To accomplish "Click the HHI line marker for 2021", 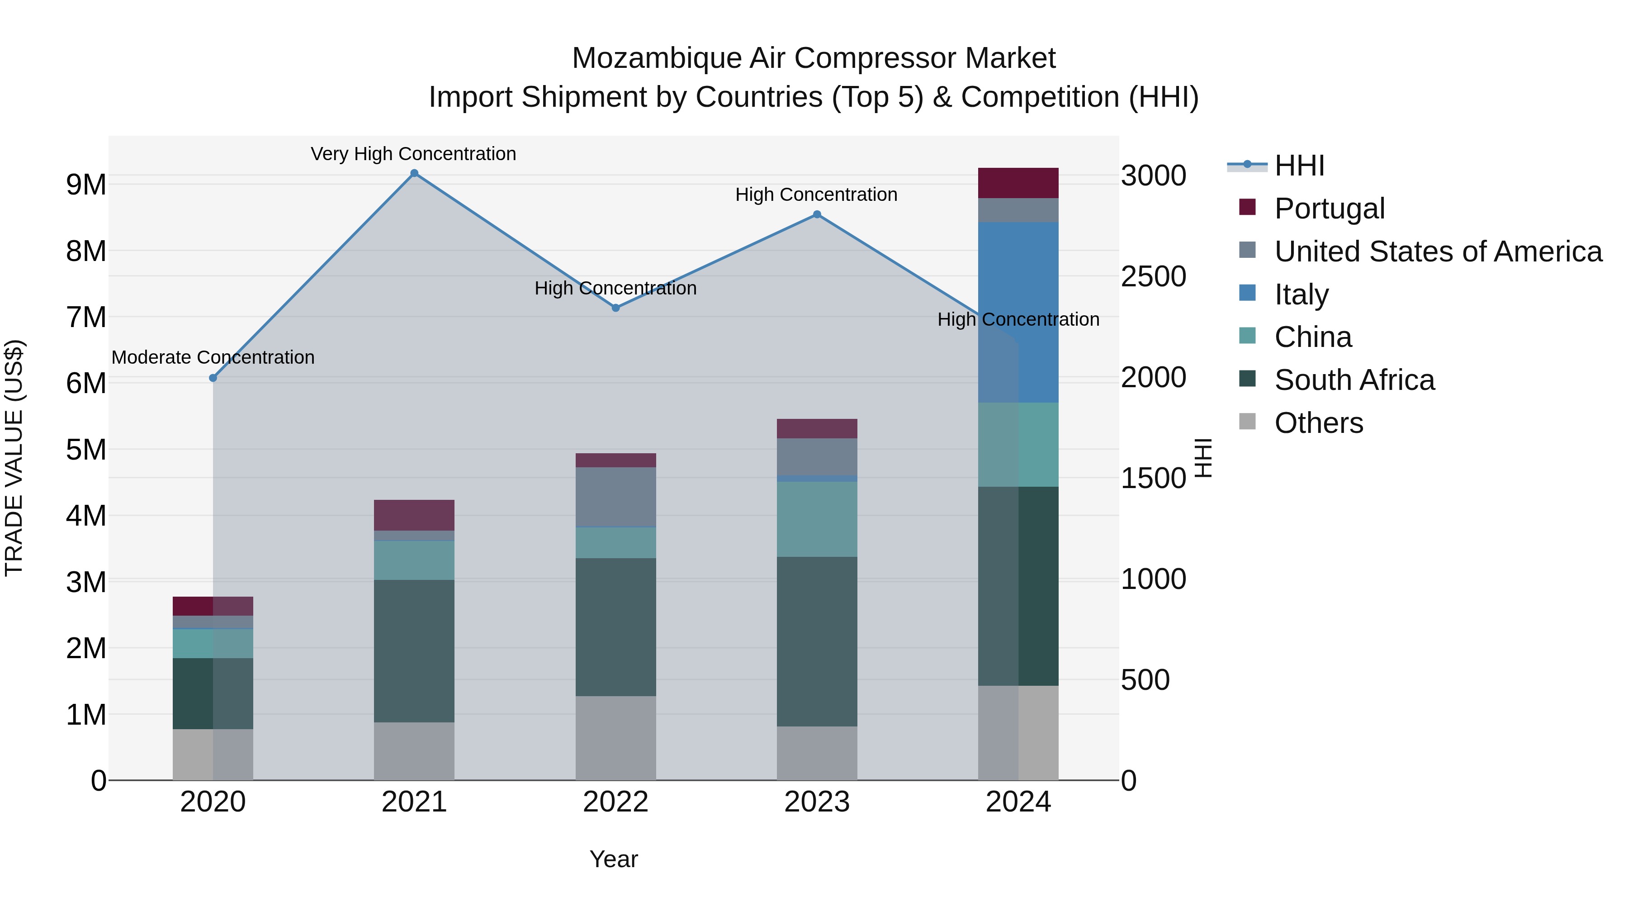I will [x=414, y=173].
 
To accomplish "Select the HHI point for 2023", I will [x=817, y=214].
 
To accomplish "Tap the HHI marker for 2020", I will [x=213, y=378].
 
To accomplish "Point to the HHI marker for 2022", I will [x=615, y=308].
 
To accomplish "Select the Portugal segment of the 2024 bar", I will [x=1018, y=183].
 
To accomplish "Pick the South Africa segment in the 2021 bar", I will [x=414, y=651].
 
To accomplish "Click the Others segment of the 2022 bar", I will [x=615, y=738].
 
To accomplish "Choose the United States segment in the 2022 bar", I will [x=615, y=496].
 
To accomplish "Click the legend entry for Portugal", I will [x=1329, y=209].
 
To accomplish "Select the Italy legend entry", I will [x=1301, y=294].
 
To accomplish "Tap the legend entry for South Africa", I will [x=1354, y=380].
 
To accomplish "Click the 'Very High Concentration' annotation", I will [x=413, y=154].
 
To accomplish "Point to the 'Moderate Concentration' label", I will [x=213, y=358].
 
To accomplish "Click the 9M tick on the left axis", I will [x=86, y=185].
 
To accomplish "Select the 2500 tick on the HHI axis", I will [x=1153, y=277].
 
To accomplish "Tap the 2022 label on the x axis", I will [x=615, y=802].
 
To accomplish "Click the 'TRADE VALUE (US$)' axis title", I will [x=14, y=458].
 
